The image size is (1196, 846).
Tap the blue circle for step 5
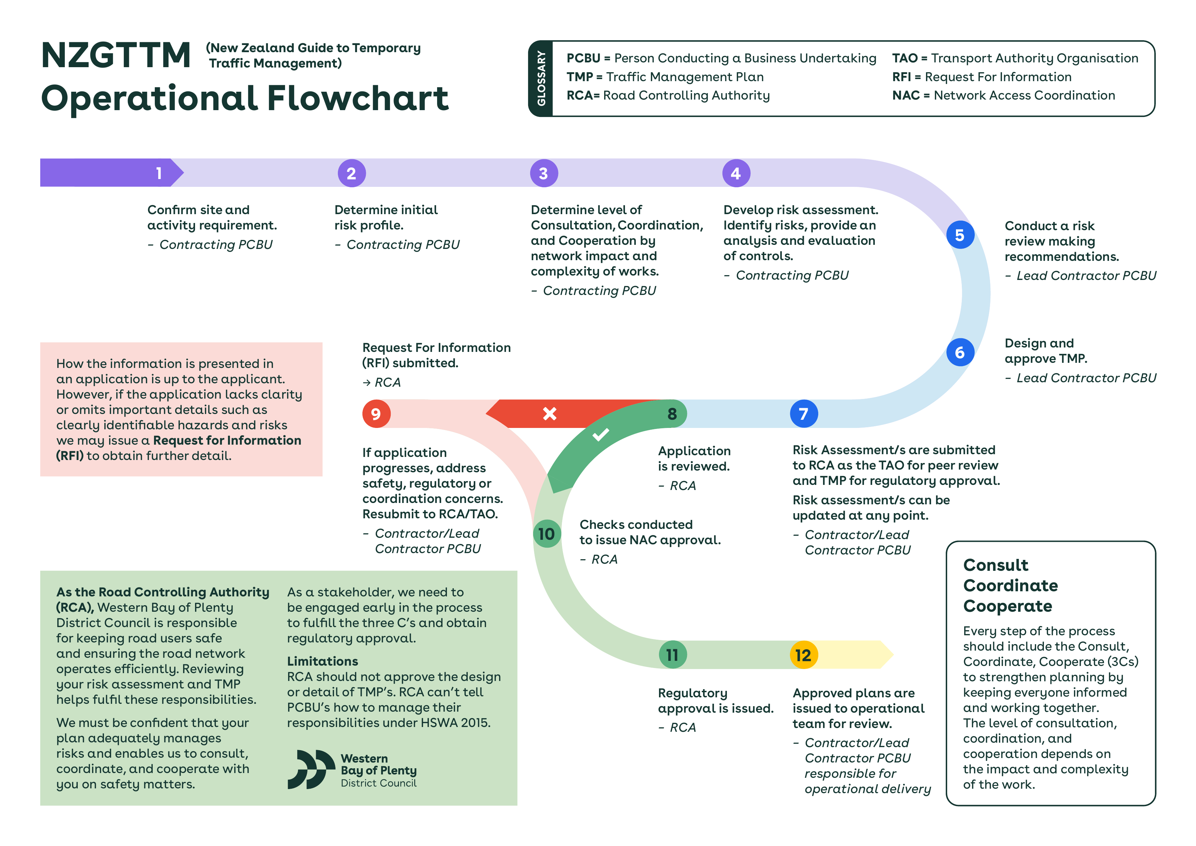pyautogui.click(x=960, y=235)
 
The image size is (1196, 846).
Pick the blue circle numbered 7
pyautogui.click(x=804, y=414)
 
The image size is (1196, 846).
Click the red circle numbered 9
pyautogui.click(x=376, y=414)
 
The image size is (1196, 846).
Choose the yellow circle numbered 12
pyautogui.click(x=804, y=655)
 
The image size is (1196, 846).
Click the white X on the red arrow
pyautogui.click(x=550, y=414)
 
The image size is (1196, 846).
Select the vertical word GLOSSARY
pyautogui.click(x=541, y=78)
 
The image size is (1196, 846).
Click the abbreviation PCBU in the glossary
pyautogui.click(x=583, y=58)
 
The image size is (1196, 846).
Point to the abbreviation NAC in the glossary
pyautogui.click(x=906, y=95)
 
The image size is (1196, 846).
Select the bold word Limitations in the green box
pyautogui.click(x=323, y=661)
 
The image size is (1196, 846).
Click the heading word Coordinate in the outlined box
pyautogui.click(x=1011, y=585)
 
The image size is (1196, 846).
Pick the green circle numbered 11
pyautogui.click(x=672, y=655)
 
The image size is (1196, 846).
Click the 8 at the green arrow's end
pyautogui.click(x=672, y=414)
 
